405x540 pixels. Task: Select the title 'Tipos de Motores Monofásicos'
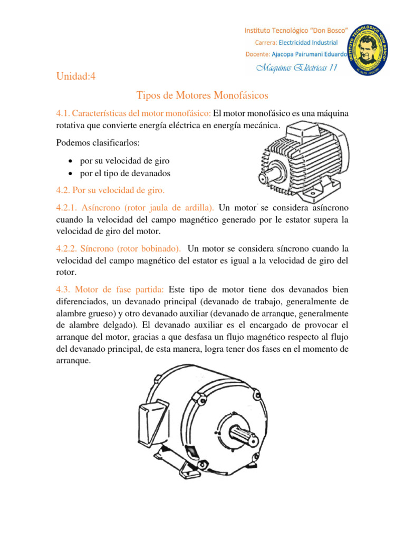pyautogui.click(x=202, y=95)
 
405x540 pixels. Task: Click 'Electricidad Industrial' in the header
pyautogui.click(x=308, y=42)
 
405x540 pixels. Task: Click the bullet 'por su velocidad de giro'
pyautogui.click(x=124, y=160)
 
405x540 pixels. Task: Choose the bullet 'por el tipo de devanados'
pyautogui.click(x=125, y=173)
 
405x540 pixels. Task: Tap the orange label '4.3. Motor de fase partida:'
pyautogui.click(x=110, y=290)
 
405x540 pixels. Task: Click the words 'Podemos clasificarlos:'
pyautogui.click(x=98, y=144)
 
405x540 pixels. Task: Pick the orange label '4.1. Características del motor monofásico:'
pyautogui.click(x=133, y=114)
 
